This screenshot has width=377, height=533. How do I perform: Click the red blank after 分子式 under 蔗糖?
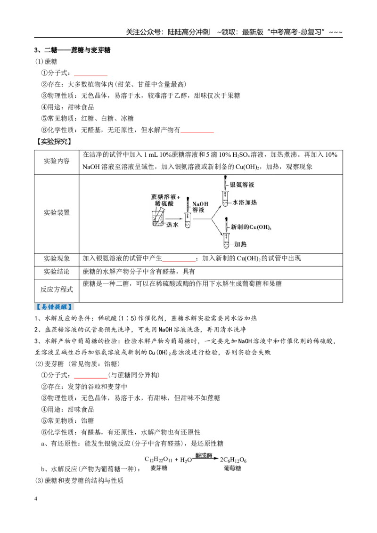90,75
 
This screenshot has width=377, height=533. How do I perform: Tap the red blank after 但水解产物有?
197,132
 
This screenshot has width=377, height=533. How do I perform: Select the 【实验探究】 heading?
55,141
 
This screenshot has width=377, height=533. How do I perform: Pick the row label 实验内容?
57,161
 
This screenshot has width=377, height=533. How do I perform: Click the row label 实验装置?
57,213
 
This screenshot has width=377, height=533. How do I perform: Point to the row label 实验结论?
57,272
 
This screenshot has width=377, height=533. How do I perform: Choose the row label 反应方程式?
57,290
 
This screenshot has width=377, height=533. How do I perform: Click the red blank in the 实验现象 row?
179,260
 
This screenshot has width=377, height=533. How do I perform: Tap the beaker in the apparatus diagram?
158,218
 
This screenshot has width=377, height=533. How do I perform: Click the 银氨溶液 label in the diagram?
242,185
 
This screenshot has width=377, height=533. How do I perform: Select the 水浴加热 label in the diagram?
245,202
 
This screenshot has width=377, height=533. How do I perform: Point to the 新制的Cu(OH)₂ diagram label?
251,227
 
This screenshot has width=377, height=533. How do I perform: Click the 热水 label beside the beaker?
172,225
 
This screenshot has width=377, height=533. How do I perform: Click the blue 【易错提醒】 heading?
55,307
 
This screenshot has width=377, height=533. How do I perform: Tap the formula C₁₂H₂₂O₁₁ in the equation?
158,460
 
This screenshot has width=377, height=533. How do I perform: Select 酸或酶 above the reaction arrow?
204,455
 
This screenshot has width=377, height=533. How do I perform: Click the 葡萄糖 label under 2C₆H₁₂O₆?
232,468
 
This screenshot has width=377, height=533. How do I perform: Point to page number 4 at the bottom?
36,499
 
